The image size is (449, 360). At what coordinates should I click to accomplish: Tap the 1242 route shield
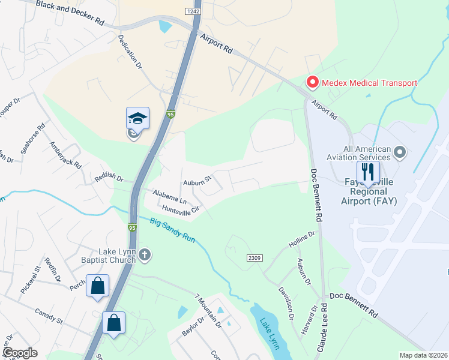click(x=192, y=11)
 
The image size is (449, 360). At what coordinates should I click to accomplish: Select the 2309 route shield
click(x=254, y=257)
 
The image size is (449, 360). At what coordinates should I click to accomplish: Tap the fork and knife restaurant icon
click(x=368, y=172)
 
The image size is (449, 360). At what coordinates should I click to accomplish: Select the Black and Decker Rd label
click(x=70, y=12)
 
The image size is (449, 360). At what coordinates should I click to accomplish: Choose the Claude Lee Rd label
click(x=324, y=329)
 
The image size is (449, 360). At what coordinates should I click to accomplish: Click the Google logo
click(x=19, y=353)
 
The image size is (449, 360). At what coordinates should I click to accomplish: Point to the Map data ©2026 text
click(x=424, y=355)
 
